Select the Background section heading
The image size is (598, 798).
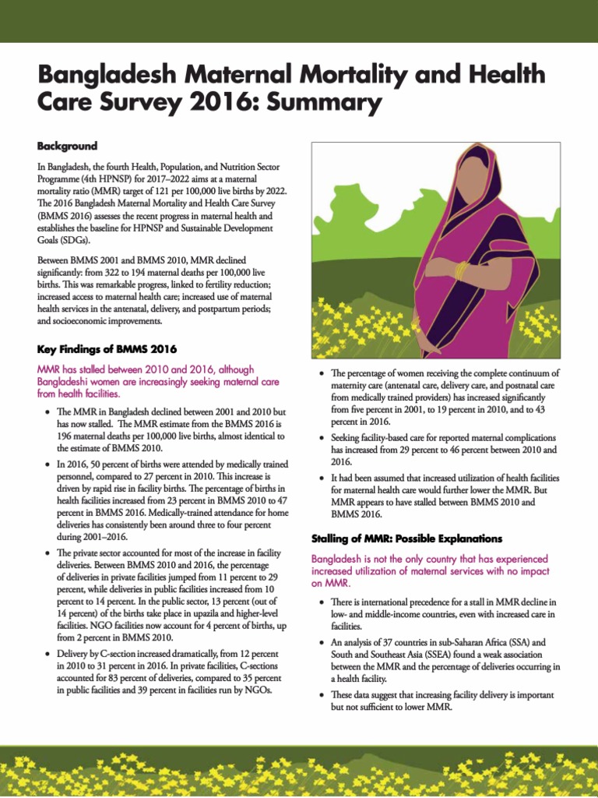(67, 146)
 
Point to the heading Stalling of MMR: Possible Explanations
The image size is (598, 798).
(406, 538)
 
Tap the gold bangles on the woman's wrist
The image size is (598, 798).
(461, 270)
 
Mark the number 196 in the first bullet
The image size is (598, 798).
(66, 436)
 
